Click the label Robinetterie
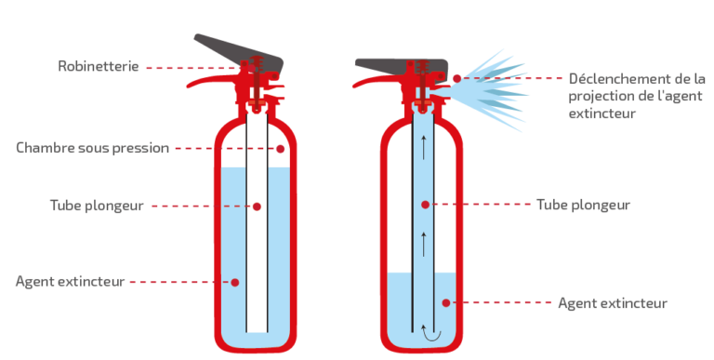[x=99, y=67]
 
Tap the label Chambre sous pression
[x=92, y=148]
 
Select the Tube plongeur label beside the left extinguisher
[x=97, y=206]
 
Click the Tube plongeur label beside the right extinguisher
[x=583, y=205]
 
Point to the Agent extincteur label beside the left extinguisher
[x=70, y=282]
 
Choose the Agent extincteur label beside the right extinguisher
[x=613, y=303]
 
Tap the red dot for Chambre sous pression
[x=281, y=149]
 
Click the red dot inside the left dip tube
[x=257, y=207]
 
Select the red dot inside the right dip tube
[x=425, y=205]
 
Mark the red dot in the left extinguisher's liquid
[x=235, y=283]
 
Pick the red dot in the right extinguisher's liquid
[x=446, y=303]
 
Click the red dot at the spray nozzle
[x=456, y=79]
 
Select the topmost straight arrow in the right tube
[x=424, y=147]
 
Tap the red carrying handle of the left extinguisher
[x=212, y=81]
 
